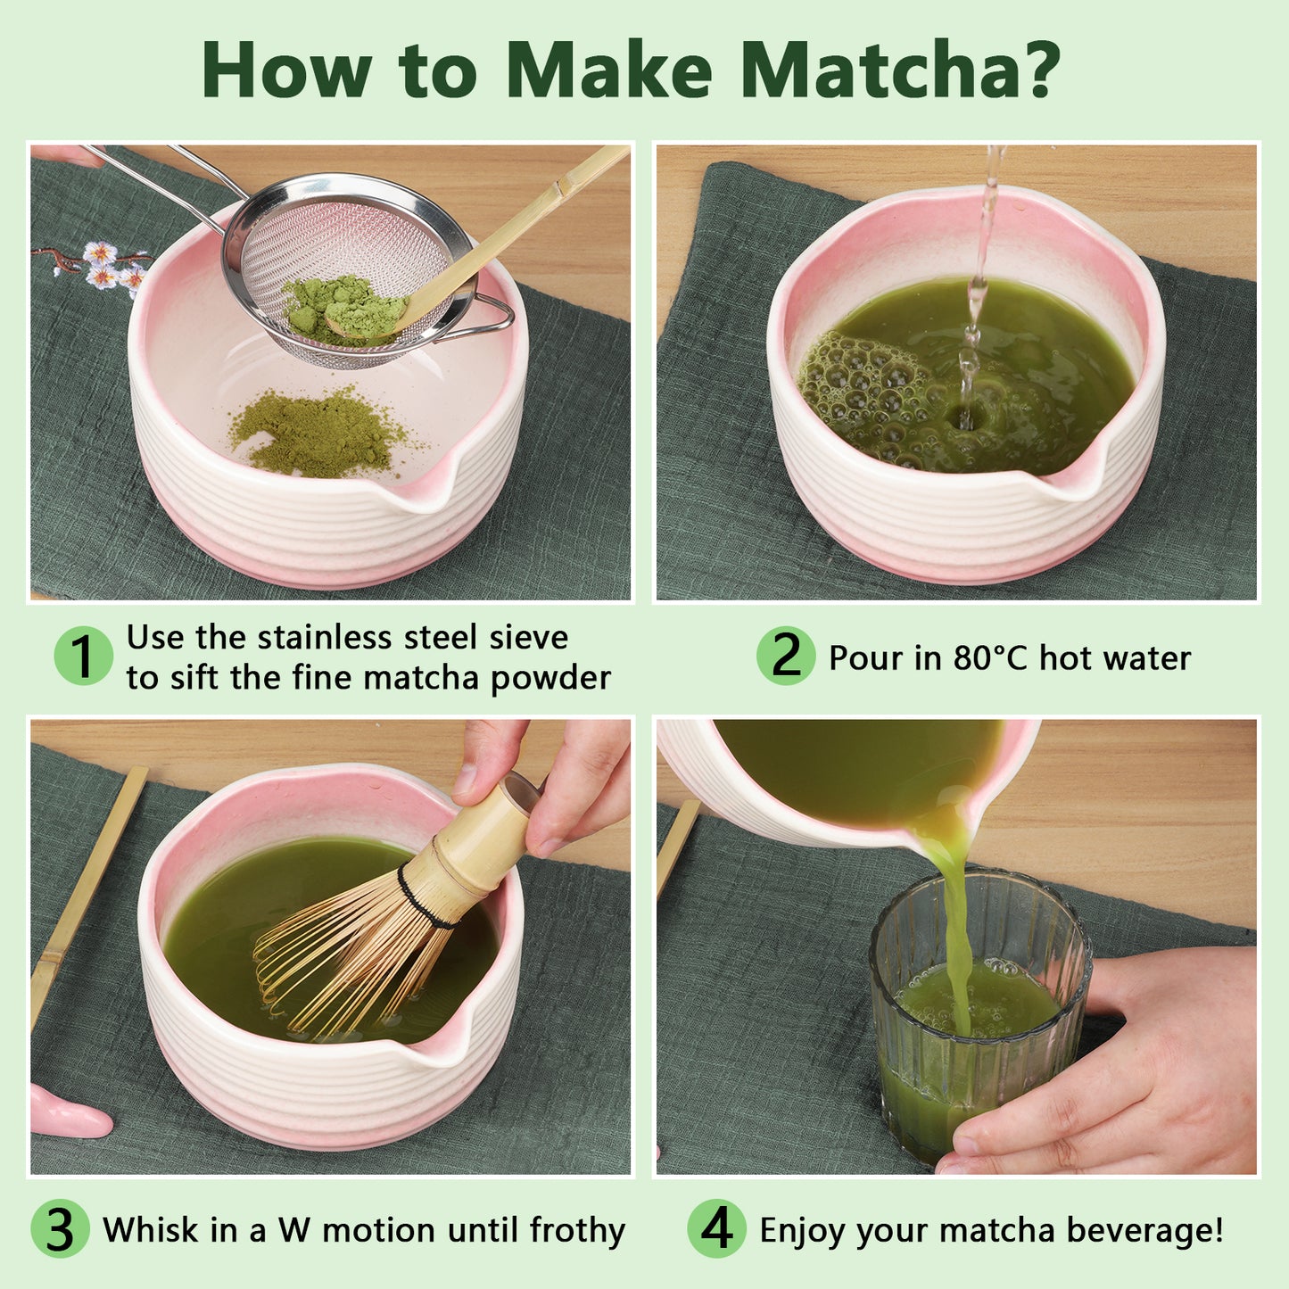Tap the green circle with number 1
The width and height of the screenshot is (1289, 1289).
[x=83, y=656]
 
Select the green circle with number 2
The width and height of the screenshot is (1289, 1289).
[x=785, y=656]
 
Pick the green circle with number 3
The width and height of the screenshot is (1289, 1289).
[x=60, y=1229]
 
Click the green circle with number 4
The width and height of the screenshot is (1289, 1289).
[x=716, y=1229]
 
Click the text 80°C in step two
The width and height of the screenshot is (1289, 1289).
[x=990, y=658]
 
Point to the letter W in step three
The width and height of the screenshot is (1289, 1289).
[x=293, y=1230]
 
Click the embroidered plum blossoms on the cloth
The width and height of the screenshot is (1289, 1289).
[x=105, y=265]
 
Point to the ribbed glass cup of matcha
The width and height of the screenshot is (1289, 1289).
[x=979, y=1017]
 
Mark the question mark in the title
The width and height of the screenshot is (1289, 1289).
[x=1035, y=70]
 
